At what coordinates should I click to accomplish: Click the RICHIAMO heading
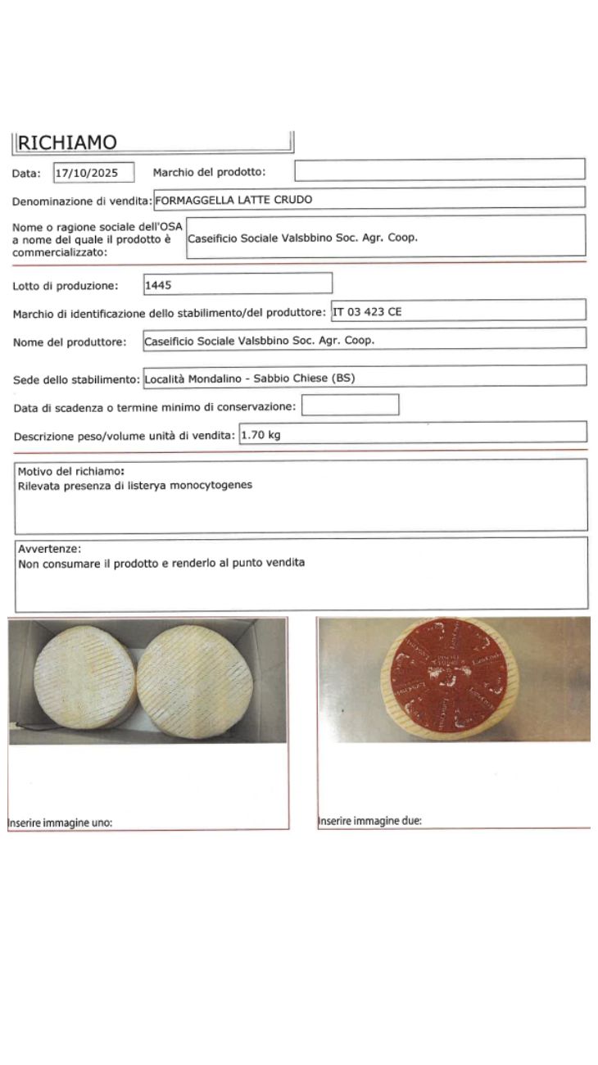click(67, 143)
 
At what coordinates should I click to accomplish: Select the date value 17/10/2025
click(93, 173)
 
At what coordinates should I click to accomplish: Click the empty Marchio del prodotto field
click(439, 170)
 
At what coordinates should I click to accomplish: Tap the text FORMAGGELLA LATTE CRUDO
click(233, 199)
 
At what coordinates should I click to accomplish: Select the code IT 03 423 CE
click(367, 311)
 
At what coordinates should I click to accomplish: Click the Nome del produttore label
click(70, 342)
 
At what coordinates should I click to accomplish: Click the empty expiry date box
click(350, 406)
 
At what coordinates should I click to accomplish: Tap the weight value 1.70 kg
click(260, 435)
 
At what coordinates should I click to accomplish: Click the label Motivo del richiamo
click(70, 472)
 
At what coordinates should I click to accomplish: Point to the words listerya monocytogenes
click(195, 485)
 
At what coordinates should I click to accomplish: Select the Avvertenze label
click(49, 549)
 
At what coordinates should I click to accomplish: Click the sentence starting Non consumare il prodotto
click(161, 563)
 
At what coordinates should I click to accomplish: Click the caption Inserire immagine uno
click(60, 823)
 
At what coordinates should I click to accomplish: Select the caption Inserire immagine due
click(369, 821)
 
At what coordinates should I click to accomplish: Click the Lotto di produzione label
click(66, 286)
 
